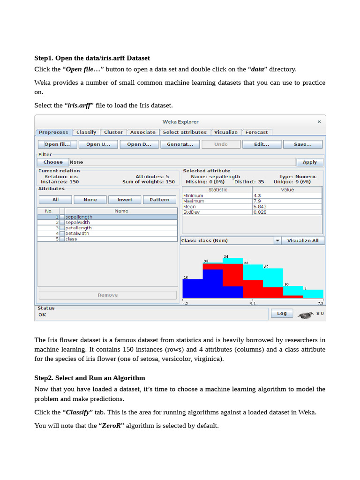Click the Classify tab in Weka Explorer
pos(86,132)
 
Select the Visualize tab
pos(226,132)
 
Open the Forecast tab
pos(256,132)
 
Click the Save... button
pos(302,144)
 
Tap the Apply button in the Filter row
pos(309,162)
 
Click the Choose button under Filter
pos(53,162)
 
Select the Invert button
pos(124,200)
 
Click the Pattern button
pos(159,200)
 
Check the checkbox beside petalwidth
pos(62,233)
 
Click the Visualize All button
pos(303,240)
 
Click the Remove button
pos(108,295)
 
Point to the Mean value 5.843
pos(260,206)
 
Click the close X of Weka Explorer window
pos(319,122)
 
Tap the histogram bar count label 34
pos(226,256)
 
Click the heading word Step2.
pos(45,378)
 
